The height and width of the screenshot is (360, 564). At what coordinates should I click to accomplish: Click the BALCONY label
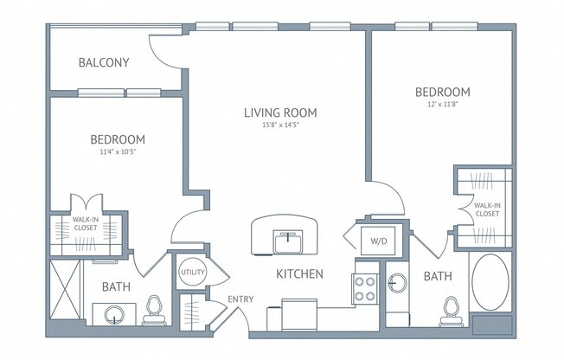(x=104, y=62)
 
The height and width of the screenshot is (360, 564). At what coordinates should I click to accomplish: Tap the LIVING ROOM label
(x=280, y=112)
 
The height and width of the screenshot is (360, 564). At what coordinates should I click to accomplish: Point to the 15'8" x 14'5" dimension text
(x=280, y=125)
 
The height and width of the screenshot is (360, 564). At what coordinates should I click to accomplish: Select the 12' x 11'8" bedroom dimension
(x=442, y=105)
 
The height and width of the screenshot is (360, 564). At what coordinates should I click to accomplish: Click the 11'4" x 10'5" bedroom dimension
(x=118, y=151)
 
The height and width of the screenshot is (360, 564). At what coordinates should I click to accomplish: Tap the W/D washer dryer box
(x=378, y=241)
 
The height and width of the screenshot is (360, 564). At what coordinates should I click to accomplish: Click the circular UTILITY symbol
(x=192, y=272)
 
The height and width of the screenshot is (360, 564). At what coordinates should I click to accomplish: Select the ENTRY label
(x=240, y=299)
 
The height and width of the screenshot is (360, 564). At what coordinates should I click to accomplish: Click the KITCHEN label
(x=299, y=274)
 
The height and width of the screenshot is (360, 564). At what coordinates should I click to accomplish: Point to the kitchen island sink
(x=288, y=242)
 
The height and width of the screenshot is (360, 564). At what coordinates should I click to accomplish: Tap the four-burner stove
(x=365, y=289)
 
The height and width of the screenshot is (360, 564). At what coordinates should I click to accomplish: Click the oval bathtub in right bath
(x=490, y=282)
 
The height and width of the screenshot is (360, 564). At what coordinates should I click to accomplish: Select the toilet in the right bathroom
(x=451, y=312)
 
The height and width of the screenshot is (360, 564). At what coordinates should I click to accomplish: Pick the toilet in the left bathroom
(x=154, y=310)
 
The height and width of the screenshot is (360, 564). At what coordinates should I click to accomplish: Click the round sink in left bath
(x=114, y=315)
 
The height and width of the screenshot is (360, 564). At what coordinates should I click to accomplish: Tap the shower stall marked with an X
(x=65, y=290)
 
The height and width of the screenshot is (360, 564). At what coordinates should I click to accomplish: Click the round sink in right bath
(x=397, y=283)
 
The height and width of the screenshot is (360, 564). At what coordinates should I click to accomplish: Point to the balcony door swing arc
(x=163, y=55)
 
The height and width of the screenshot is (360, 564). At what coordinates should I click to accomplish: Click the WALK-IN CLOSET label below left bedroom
(x=86, y=223)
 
